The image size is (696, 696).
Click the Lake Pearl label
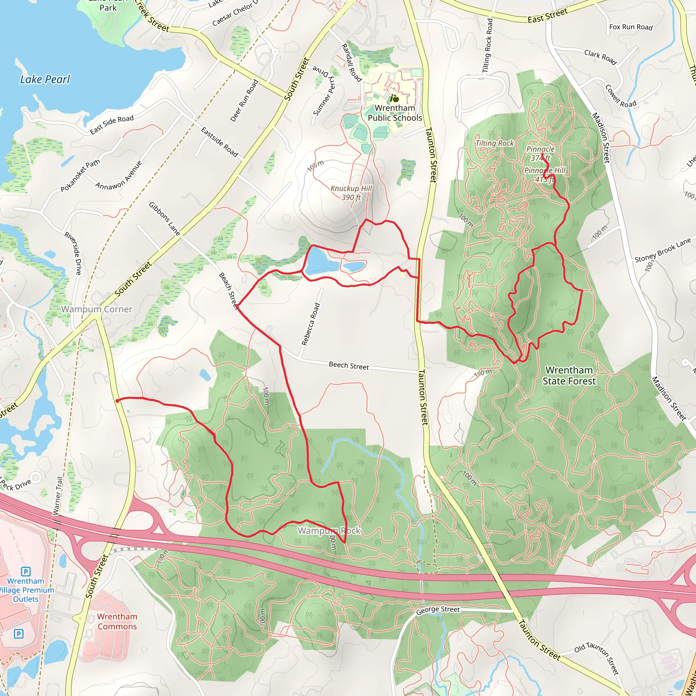45,79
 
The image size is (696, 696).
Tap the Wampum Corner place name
97,309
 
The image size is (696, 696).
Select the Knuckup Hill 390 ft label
351,193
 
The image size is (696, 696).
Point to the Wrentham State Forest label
569,376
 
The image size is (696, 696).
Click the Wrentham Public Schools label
395,113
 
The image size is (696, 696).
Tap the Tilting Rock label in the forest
494,143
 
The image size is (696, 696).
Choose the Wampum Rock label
329,530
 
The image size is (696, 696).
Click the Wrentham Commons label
117,622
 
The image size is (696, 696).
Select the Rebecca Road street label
311,324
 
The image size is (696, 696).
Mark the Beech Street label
349,366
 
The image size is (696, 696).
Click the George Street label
438,610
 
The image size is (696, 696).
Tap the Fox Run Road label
631,27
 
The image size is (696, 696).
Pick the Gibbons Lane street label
164,219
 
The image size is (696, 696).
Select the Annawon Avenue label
119,175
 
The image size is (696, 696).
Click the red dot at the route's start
118,401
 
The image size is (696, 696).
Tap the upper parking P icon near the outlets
25,571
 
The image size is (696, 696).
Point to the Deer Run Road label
244,101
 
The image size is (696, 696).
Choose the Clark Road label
600,57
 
